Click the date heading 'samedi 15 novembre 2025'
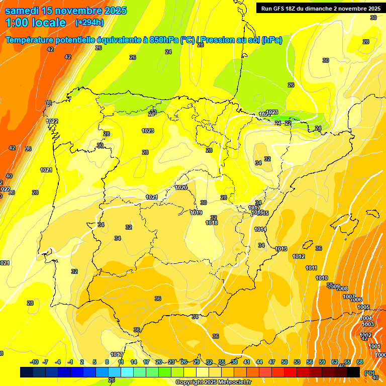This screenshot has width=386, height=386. point(66,11)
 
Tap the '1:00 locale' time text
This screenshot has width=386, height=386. point(36,23)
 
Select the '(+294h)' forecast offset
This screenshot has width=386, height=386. point(89,22)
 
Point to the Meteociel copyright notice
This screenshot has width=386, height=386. point(213,382)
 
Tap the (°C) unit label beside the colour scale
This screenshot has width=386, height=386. point(369,373)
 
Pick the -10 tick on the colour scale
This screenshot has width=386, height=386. point(34,362)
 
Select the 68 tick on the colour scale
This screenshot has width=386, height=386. point(360,362)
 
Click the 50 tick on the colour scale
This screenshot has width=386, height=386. point(284,362)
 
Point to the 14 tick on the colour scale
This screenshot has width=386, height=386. point(134,362)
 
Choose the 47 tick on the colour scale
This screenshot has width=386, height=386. point(272,362)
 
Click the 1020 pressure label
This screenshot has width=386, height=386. point(181,187)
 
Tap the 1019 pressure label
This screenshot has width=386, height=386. point(196,213)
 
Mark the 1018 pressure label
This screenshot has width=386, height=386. point(212,223)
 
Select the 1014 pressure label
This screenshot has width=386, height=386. point(260,229)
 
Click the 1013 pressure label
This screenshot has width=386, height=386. point(281,249)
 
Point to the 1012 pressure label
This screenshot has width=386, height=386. point(299,256)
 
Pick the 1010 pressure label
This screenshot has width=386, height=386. point(322,278)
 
